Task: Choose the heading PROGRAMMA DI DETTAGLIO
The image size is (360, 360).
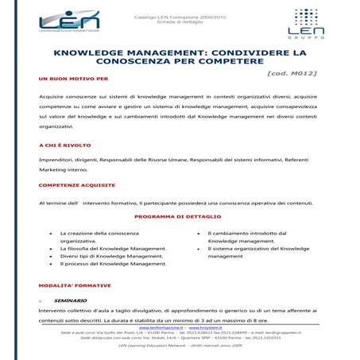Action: click(x=179, y=215)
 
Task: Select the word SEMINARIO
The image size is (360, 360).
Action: click(x=70, y=301)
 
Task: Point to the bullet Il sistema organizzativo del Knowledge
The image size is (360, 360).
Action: click(x=254, y=249)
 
